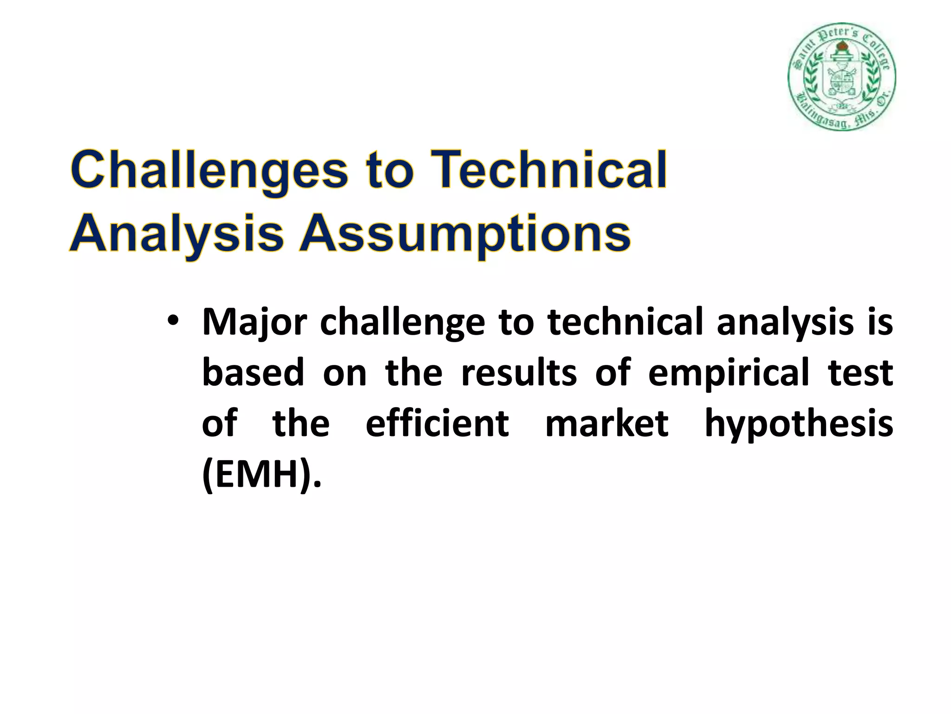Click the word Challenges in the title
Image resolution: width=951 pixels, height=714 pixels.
(209, 171)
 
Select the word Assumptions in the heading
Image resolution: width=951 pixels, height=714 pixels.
(464, 234)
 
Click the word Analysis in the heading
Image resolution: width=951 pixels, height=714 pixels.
(176, 234)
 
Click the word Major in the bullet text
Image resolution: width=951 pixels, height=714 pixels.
(254, 322)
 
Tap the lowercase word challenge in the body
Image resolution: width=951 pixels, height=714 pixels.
(402, 322)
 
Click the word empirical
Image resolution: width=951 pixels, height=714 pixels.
(729, 373)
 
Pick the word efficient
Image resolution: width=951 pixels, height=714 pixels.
(437, 423)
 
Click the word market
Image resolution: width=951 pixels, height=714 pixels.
(606, 423)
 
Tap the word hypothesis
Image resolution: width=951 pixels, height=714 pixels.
(799, 423)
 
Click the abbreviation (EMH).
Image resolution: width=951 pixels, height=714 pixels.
(261, 475)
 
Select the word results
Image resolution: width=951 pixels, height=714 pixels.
(519, 373)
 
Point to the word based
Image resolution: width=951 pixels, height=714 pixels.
(253, 373)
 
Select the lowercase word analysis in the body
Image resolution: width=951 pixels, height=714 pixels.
(785, 322)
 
